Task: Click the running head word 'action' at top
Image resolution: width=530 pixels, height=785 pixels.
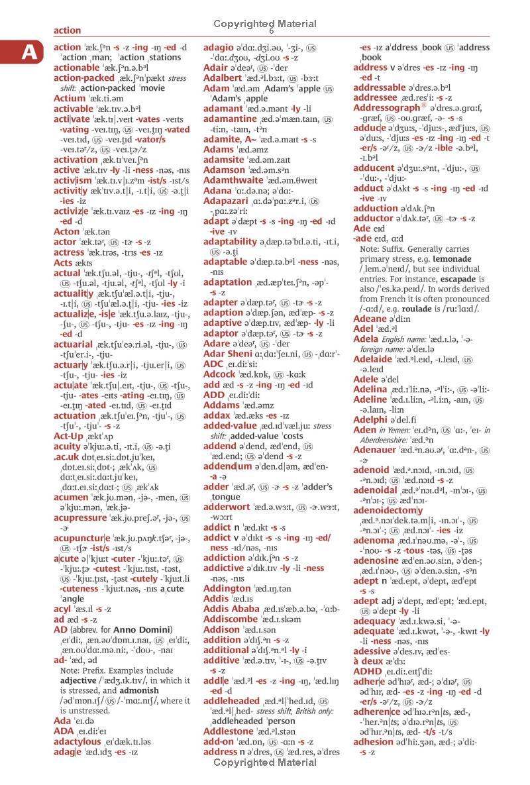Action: point(67,30)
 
